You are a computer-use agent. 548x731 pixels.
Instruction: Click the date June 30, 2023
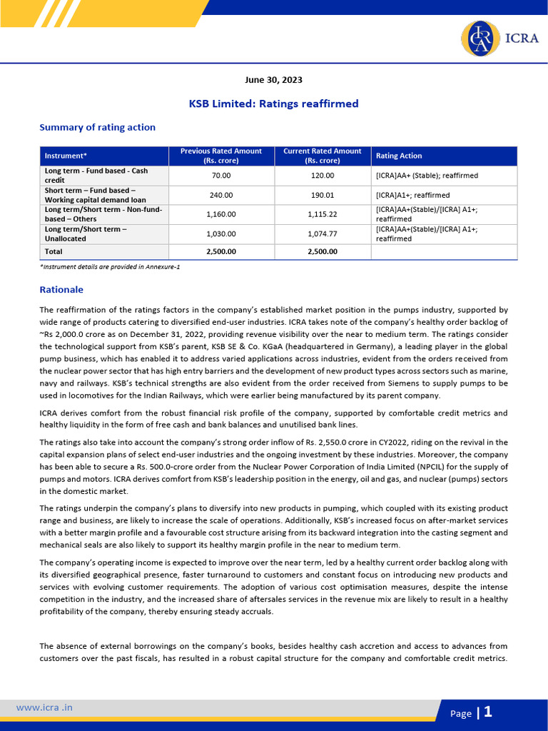click(x=273, y=79)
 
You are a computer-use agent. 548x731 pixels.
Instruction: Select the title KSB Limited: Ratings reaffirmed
click(x=273, y=104)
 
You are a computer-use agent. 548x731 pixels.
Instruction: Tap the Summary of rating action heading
click(x=97, y=128)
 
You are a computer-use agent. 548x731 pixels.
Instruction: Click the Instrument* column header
click(x=66, y=156)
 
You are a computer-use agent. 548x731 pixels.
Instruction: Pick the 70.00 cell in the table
click(x=220, y=176)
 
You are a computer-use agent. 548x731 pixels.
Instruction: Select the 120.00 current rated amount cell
click(x=322, y=176)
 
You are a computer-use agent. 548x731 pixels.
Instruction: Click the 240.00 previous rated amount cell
click(x=220, y=195)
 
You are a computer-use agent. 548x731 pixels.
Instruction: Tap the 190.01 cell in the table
click(x=322, y=195)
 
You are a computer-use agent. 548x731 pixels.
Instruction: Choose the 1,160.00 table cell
click(x=220, y=214)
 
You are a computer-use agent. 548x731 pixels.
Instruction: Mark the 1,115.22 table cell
click(x=322, y=214)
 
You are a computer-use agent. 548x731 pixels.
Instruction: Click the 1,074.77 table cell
click(x=322, y=233)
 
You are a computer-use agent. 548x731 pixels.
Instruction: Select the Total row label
click(x=54, y=251)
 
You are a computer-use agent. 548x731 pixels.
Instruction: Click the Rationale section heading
click(x=61, y=290)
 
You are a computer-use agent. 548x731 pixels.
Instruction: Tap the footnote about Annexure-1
click(x=110, y=266)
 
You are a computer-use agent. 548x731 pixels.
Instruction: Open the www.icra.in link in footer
click(x=44, y=707)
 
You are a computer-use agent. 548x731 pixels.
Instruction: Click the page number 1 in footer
click(x=488, y=712)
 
